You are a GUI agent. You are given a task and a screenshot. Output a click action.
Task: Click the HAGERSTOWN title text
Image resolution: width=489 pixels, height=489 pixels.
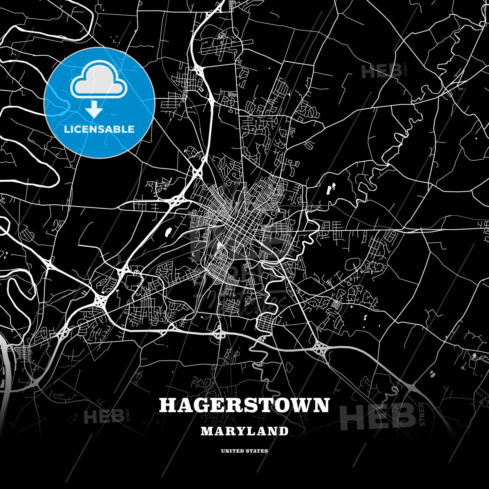coord(244,405)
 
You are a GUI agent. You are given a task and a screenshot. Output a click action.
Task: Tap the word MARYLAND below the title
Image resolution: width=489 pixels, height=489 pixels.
coord(244,431)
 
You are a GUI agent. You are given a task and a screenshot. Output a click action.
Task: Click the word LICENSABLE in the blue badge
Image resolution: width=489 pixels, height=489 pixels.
coord(99,129)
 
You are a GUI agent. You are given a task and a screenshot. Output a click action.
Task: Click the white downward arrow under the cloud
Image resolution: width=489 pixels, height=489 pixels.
coord(94,109)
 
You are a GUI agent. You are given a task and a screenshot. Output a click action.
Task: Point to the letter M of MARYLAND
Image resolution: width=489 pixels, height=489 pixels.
coord(207,431)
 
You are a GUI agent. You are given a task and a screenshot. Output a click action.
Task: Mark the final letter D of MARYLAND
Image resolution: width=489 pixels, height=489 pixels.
coord(284,431)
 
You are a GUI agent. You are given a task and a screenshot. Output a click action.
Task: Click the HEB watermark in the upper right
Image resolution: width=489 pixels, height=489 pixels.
coord(381,72)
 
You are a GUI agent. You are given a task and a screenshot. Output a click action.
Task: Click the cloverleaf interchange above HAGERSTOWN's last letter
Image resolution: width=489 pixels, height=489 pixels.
coord(320,347)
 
